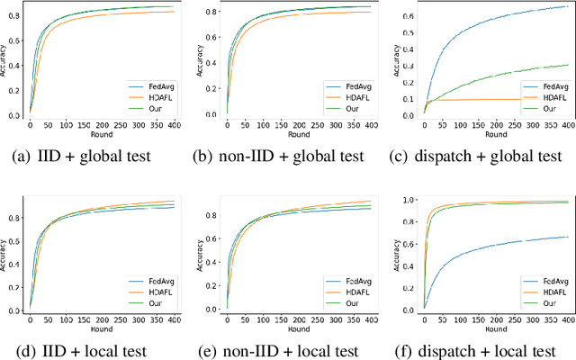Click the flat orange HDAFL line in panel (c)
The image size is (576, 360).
(504, 99)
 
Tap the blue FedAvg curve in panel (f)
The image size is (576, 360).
(504, 250)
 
